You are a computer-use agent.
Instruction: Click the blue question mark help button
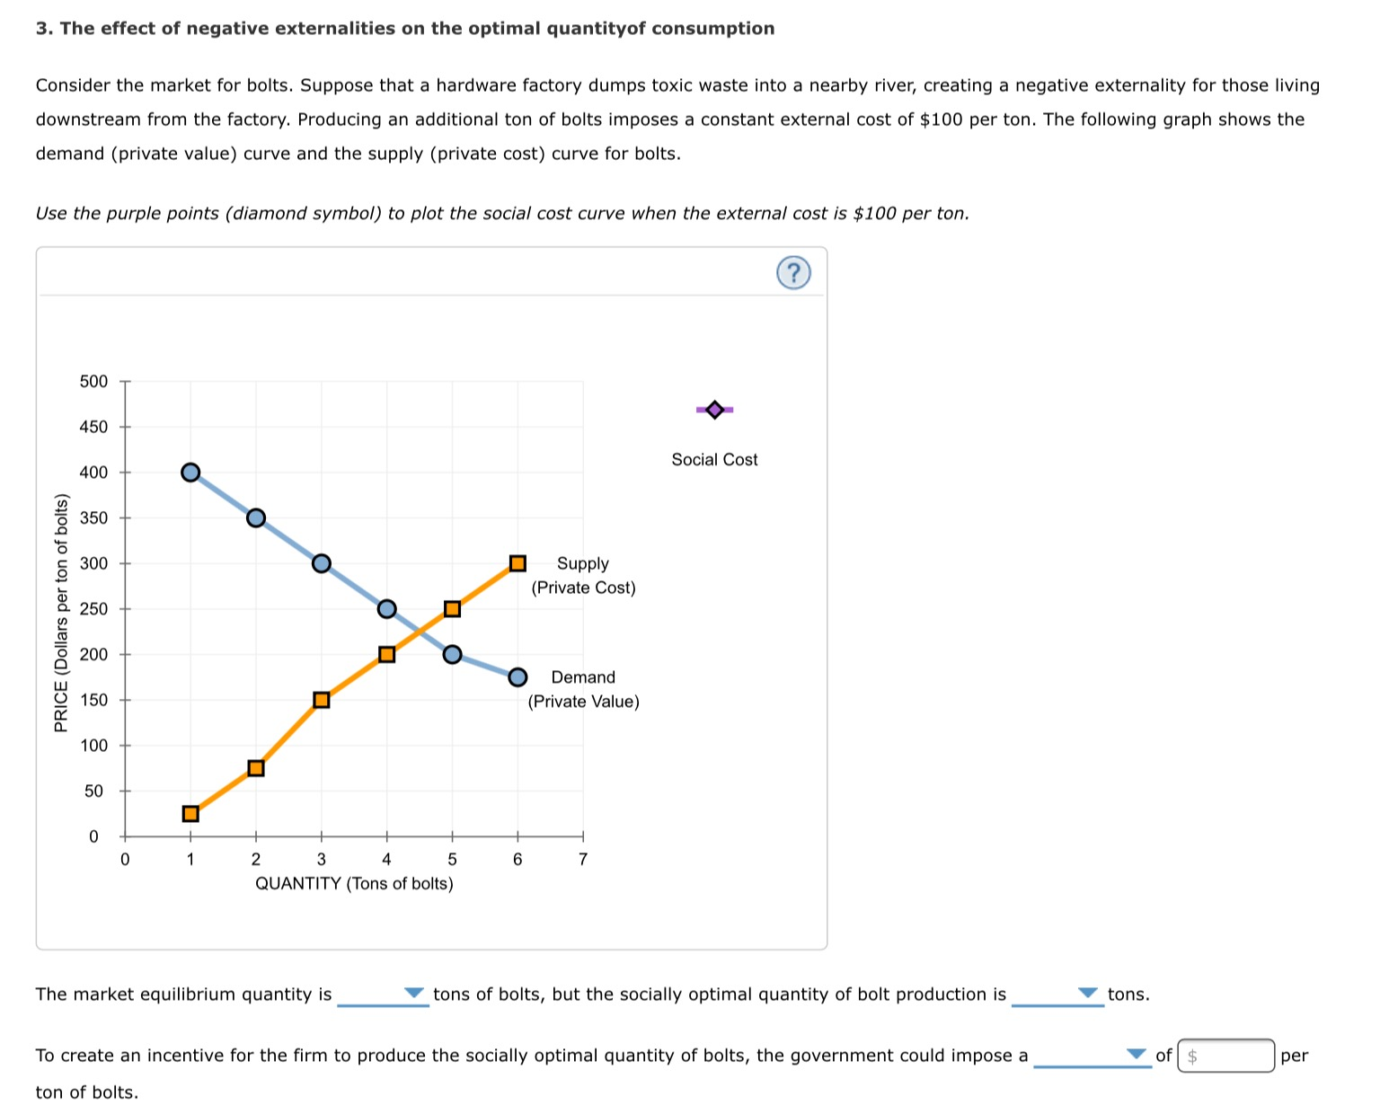[793, 272]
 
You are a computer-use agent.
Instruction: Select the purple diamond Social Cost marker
[714, 410]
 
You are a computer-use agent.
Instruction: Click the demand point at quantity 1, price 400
[190, 473]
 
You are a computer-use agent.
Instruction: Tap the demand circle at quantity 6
[517, 676]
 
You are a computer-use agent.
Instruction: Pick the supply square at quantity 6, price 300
[517, 563]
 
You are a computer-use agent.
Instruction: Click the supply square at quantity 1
[190, 814]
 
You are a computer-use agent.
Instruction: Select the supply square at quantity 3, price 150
[322, 700]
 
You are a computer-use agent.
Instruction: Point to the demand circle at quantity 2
[256, 517]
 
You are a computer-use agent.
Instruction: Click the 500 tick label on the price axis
[93, 382]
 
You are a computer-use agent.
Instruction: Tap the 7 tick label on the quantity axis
[583, 860]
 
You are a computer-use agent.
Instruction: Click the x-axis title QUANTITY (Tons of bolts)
[354, 884]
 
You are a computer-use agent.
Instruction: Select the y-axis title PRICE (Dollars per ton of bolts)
[61, 613]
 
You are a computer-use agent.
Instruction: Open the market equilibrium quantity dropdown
[383, 995]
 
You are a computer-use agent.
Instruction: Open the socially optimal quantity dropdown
[1057, 995]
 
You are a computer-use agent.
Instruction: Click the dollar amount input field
[1226, 1056]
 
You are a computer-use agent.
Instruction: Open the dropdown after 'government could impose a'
[1092, 1056]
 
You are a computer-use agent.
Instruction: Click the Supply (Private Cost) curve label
[583, 575]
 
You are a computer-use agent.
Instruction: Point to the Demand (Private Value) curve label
[583, 689]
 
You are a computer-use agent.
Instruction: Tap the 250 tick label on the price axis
[93, 609]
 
